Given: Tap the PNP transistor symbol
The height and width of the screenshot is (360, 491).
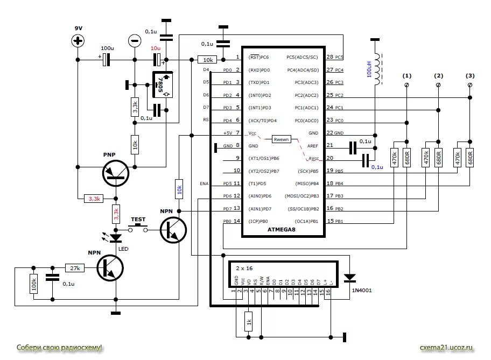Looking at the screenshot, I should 116,173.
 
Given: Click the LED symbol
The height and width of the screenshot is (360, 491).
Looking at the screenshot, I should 116,236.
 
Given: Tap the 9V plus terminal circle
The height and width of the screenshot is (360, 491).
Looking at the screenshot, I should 79,41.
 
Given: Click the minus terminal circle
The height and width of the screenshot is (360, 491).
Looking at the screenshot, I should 135,41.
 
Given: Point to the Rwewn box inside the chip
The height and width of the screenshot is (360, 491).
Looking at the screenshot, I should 281,139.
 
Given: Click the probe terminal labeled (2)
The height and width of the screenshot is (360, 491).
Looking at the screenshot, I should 438,85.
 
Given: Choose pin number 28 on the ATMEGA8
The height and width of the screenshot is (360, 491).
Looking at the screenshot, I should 329,57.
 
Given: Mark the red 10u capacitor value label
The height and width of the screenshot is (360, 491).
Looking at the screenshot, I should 155,48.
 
